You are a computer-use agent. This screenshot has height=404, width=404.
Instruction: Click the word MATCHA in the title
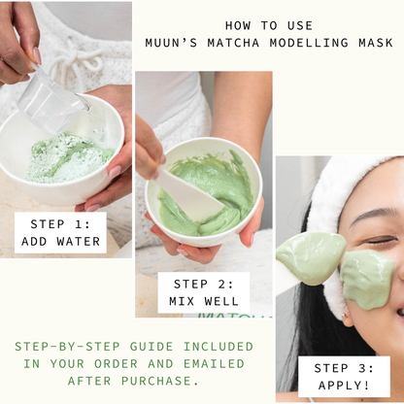[x=233, y=43]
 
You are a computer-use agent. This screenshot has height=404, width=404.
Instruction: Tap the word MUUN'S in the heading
[x=171, y=43]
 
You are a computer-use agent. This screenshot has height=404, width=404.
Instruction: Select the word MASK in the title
[x=376, y=43]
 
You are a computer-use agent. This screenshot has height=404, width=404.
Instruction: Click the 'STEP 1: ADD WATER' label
[x=60, y=233]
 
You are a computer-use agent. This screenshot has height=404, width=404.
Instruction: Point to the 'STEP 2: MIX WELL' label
[x=204, y=292]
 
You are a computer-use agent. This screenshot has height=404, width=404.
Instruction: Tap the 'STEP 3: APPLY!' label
[x=344, y=377]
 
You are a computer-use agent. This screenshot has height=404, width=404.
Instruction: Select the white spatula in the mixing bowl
[x=187, y=193]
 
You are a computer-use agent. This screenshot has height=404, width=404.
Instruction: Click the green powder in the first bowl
[x=68, y=158]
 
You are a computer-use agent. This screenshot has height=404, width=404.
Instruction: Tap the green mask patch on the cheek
[x=367, y=279]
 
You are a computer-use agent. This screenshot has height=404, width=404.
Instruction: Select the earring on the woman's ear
[x=344, y=315]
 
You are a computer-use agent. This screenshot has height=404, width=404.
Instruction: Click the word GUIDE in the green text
[x=151, y=347]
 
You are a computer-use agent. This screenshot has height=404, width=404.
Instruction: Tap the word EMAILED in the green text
[x=214, y=364]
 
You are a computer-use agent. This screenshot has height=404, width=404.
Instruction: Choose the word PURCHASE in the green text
[x=160, y=381]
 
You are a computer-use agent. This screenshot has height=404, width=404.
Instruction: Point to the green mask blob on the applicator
[x=310, y=258]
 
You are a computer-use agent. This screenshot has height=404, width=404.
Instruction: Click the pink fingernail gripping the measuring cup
[x=37, y=55]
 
